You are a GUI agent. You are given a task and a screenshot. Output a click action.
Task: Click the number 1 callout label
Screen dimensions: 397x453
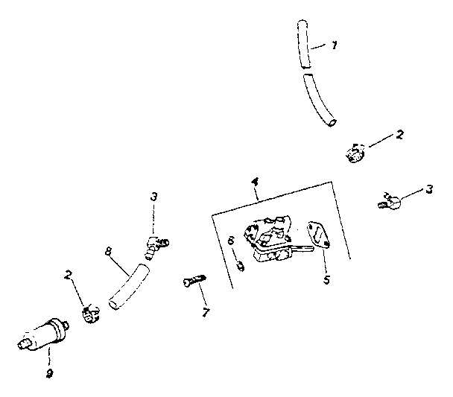(335, 45)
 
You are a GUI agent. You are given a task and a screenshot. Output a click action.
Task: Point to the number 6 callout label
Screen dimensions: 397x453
(232, 241)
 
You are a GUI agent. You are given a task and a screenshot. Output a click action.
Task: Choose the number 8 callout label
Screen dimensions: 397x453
(108, 253)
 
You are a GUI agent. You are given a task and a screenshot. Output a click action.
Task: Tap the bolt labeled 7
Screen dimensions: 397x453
(192, 282)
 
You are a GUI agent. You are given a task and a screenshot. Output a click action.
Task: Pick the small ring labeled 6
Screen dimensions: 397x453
(240, 265)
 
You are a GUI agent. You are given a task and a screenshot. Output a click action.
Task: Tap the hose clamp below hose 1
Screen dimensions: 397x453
(354, 153)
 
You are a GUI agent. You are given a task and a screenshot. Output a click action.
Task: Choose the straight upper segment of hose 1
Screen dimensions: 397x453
(303, 45)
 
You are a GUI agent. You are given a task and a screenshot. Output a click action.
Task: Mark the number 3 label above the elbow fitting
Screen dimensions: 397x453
(153, 197)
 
